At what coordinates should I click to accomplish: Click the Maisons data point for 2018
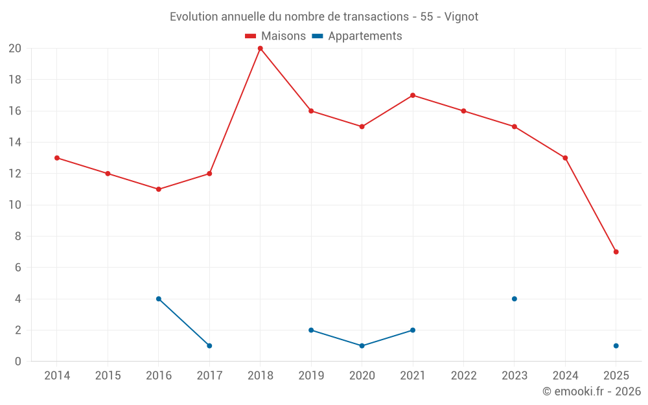[x=260, y=49]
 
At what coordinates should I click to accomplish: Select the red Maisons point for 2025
[x=616, y=251]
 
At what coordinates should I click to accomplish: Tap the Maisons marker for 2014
[x=57, y=157]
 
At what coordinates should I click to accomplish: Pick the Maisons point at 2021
[x=413, y=95]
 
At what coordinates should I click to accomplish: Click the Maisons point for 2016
[x=159, y=189]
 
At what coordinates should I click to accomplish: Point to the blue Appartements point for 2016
[x=159, y=299]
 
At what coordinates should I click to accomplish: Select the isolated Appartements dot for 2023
[x=515, y=299]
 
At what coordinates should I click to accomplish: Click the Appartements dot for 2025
[x=616, y=345]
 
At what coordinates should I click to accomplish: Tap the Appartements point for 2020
[x=362, y=345]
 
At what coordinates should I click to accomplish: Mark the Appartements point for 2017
[x=209, y=345]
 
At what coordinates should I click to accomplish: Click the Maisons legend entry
[x=275, y=36]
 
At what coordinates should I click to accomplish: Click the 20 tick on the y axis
[x=14, y=49]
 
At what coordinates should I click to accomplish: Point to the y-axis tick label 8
[x=18, y=236]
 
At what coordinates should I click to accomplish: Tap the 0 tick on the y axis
[x=18, y=361]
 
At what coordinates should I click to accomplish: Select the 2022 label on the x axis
[x=463, y=376]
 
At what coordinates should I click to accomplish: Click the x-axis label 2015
[x=108, y=376]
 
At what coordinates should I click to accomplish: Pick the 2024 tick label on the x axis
[x=565, y=376]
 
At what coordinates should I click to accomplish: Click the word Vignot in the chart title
[x=461, y=17]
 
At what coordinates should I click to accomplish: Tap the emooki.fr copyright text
[x=592, y=391]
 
